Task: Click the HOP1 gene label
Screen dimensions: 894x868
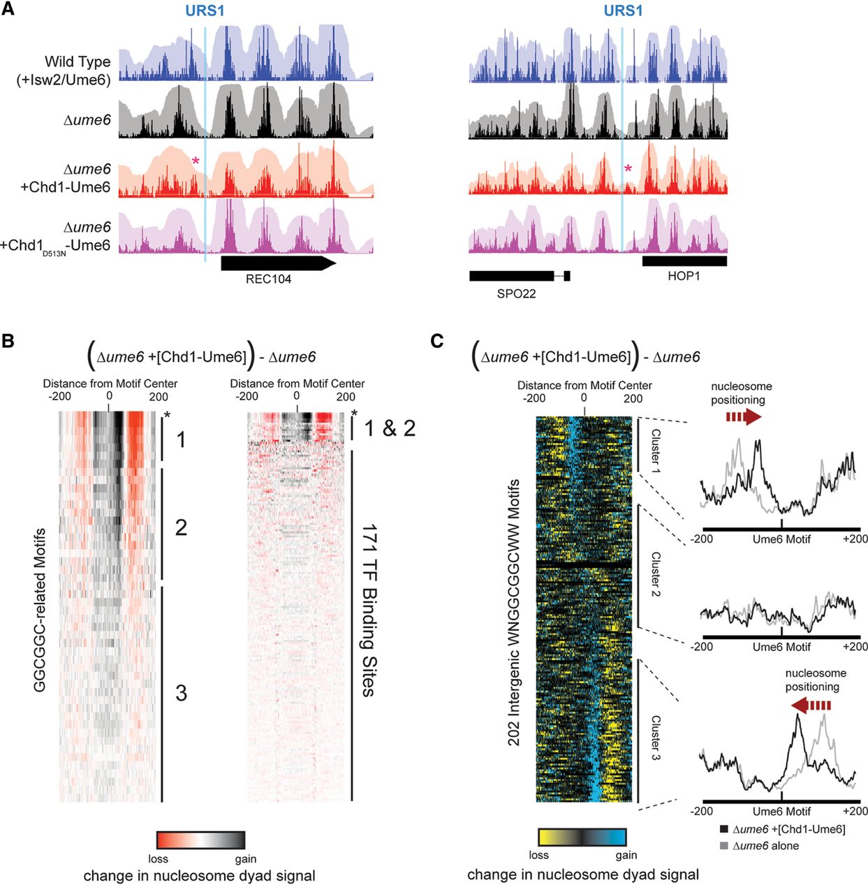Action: point(683,276)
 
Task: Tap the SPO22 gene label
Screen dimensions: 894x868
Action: point(516,293)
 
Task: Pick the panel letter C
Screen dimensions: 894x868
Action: point(437,341)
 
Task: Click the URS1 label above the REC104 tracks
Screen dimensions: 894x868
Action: point(205,11)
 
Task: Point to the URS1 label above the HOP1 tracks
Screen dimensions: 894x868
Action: point(623,11)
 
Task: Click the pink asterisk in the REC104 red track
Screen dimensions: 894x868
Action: point(196,162)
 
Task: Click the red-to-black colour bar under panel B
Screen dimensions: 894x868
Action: point(201,840)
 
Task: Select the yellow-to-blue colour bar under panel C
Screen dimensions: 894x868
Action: point(582,837)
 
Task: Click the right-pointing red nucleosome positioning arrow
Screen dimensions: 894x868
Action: point(743,418)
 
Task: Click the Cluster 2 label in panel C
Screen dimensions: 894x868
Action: point(655,574)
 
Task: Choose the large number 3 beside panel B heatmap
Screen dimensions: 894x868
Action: point(181,692)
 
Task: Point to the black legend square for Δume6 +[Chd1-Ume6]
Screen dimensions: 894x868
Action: point(723,829)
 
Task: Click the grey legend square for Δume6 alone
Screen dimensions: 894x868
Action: point(723,846)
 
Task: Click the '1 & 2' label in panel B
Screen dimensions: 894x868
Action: point(390,427)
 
